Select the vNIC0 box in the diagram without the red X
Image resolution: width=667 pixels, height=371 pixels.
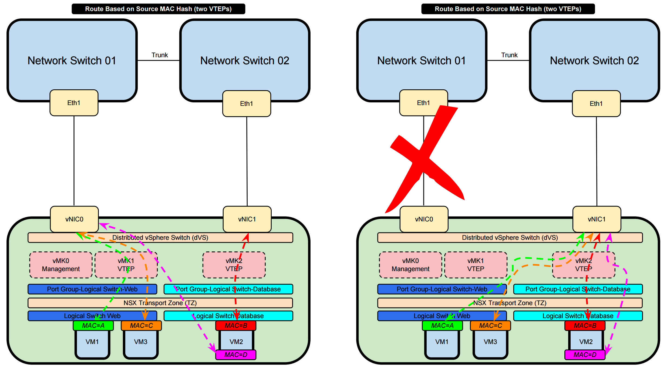tap(74, 219)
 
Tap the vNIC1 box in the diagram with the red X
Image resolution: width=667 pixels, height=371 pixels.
tap(597, 219)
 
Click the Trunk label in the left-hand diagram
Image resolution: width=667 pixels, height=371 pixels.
tap(160, 55)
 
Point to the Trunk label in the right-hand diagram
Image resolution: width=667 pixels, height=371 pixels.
tap(509, 55)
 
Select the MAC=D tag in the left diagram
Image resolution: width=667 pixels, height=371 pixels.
tap(236, 355)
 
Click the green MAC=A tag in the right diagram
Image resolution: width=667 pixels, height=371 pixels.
tap(442, 326)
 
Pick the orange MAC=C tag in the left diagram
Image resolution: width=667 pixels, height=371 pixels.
tap(141, 326)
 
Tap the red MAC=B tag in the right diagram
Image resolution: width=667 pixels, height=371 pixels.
tap(585, 326)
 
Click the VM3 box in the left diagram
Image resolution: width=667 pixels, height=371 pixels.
tap(141, 343)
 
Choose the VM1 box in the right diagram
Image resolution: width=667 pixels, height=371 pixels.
tap(442, 343)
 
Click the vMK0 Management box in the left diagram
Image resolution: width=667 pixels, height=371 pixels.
tap(61, 265)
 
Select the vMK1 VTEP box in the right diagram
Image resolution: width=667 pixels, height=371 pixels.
tap(476, 265)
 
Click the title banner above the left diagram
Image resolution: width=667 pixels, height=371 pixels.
tap(158, 9)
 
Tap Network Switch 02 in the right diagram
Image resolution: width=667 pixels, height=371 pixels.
tap(594, 60)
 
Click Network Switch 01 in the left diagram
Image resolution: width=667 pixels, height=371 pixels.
tap(72, 60)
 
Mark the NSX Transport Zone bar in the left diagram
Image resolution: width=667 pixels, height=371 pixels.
tap(160, 303)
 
